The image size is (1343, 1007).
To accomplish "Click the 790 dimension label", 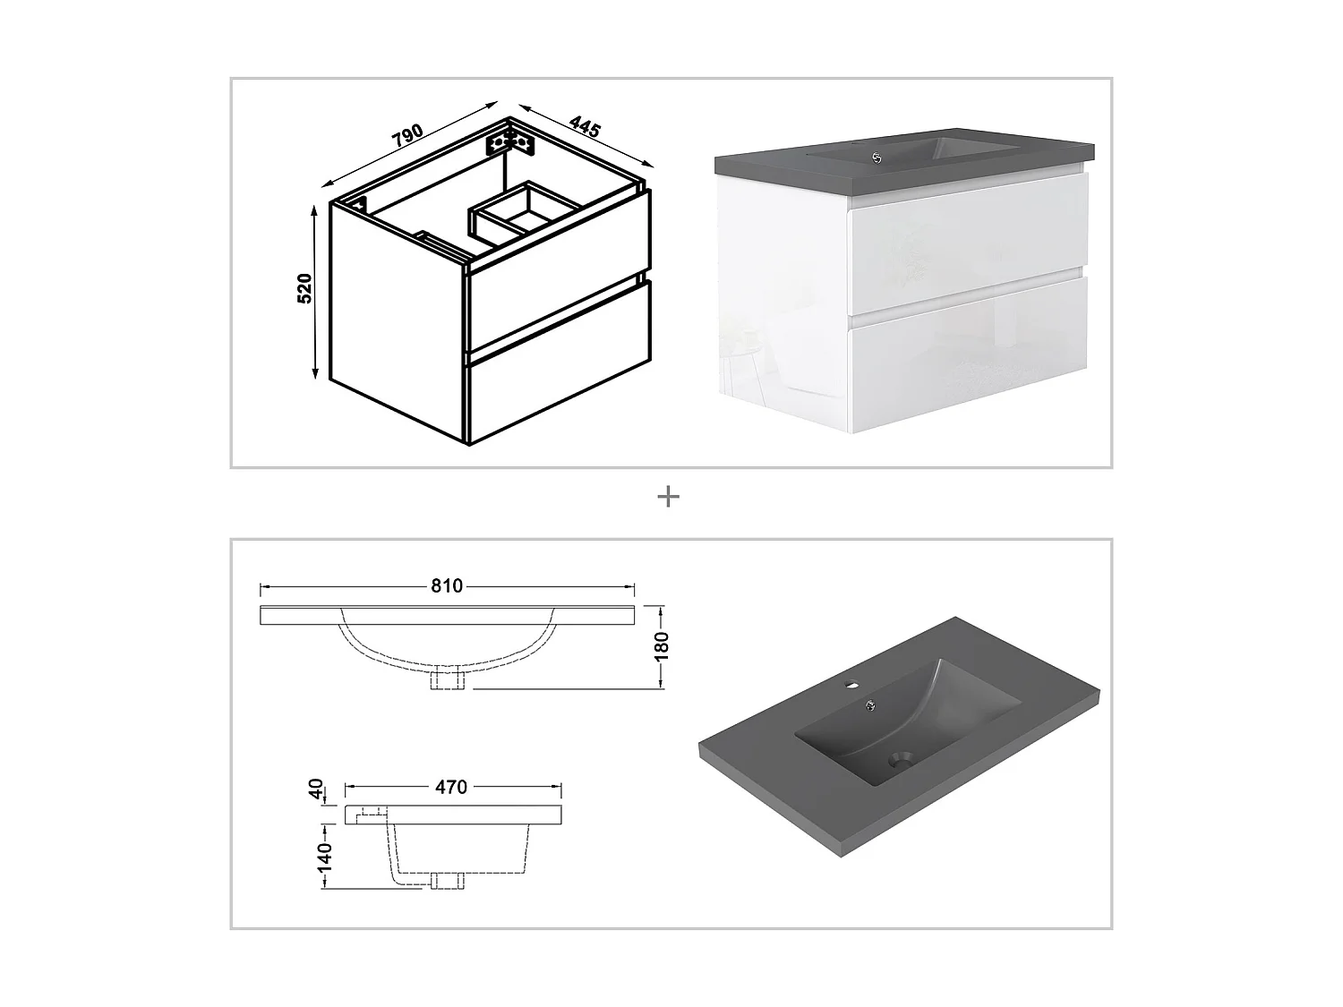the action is pos(408,136).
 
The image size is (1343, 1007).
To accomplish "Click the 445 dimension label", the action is pos(585,126).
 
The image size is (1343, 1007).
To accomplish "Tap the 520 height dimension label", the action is pos(304,288).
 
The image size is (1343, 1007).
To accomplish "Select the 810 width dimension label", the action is pos(447,586).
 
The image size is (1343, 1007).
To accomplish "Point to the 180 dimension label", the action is pos(662,647).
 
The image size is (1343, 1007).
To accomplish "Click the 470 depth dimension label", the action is pos(451,788).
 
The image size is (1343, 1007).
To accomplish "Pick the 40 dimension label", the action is pos(316,789).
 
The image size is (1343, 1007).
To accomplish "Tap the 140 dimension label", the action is pos(324,857).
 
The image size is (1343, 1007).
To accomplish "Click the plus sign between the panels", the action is pos(668,497).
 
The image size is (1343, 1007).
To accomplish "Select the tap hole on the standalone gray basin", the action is pos(851,684).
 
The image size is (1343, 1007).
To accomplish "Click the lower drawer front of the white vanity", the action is pos(969,356).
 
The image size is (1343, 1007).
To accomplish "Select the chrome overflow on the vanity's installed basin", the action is pos(877,158).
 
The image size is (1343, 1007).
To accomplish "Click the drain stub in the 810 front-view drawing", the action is pos(448,679).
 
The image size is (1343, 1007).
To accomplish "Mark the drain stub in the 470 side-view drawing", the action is pos(448,881).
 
